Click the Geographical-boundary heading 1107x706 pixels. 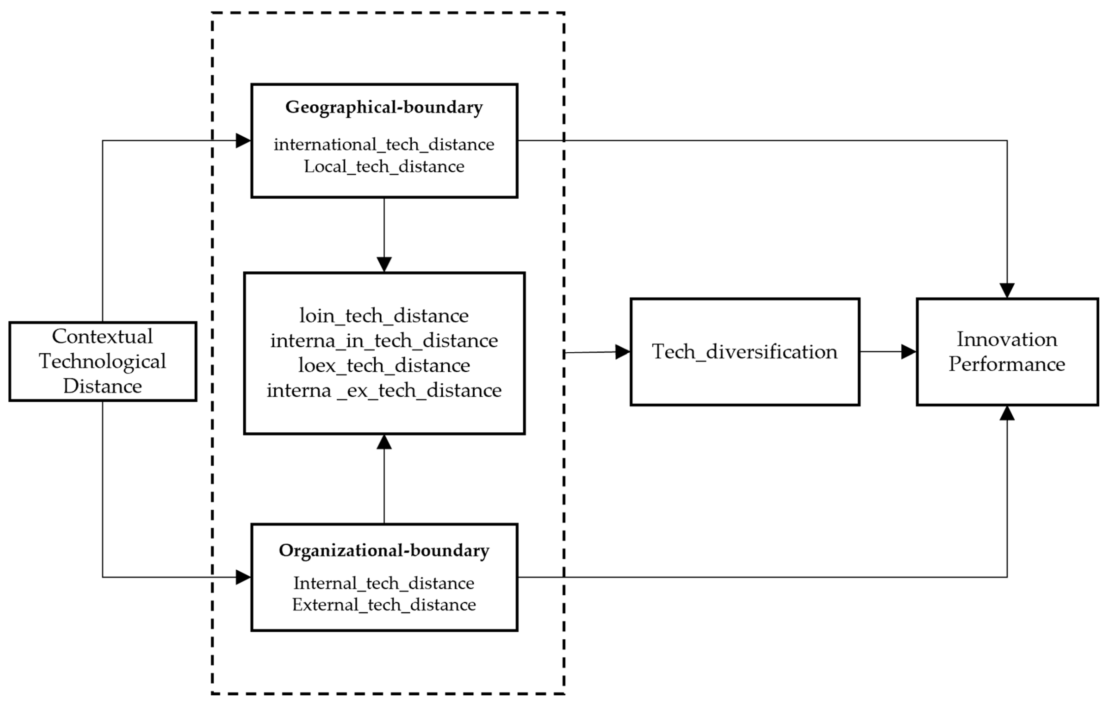point(384,107)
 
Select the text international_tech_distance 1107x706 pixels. point(384,145)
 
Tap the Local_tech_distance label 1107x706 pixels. point(384,166)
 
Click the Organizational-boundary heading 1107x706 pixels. point(384,550)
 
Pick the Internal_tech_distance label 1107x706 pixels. point(384,583)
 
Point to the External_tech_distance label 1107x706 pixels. point(384,604)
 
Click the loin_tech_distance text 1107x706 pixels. point(384,316)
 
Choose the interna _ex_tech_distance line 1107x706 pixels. point(384,390)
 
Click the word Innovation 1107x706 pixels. point(1007,339)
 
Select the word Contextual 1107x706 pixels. point(102,336)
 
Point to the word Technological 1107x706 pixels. point(102,361)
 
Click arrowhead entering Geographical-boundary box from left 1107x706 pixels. point(243,141)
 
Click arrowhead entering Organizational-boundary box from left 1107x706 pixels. point(243,577)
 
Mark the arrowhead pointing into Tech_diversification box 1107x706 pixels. point(622,352)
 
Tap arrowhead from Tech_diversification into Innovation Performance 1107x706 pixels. point(908,352)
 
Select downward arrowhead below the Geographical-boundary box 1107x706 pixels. point(384,264)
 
